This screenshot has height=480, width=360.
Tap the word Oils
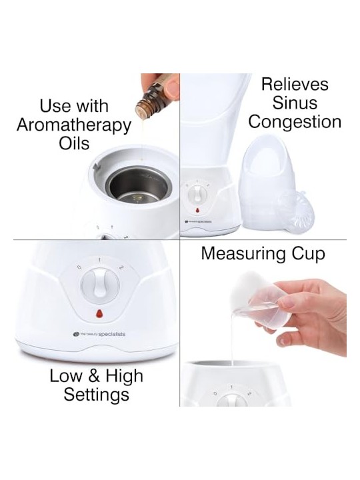pyautogui.click(x=74, y=143)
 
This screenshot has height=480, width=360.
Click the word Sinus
pyautogui.click(x=295, y=103)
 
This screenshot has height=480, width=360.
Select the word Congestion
pyautogui.click(x=295, y=123)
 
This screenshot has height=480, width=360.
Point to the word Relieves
pyautogui.click(x=295, y=84)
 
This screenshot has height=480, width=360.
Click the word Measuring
pyautogui.click(x=241, y=255)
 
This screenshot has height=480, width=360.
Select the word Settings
pyautogui.click(x=97, y=395)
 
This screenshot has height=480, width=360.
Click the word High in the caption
pyautogui.click(x=125, y=377)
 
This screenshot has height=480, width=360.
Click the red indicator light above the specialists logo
pyautogui.click(x=99, y=314)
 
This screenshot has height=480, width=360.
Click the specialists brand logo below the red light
pyautogui.click(x=99, y=334)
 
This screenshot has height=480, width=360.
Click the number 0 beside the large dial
pyautogui.click(x=79, y=267)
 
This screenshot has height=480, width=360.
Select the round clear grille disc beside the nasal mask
pyautogui.click(x=291, y=208)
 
